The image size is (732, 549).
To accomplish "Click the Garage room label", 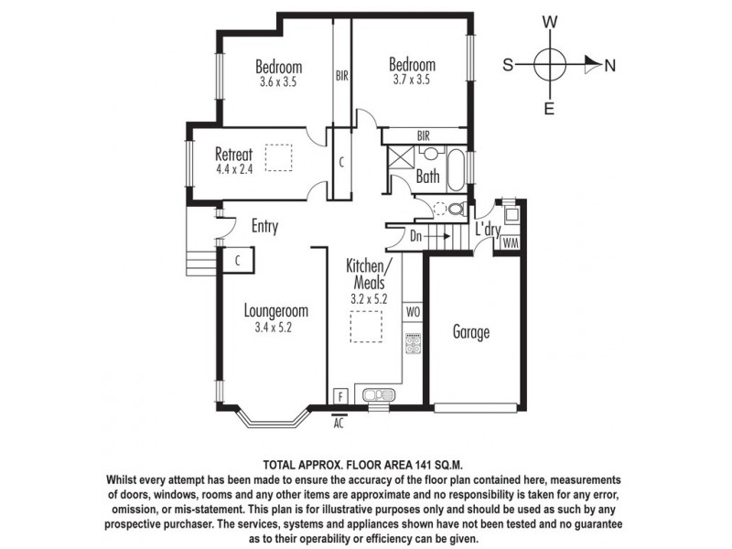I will (471, 332).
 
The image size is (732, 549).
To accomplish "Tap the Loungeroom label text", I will (275, 310).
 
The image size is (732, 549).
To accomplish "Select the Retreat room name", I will (233, 154).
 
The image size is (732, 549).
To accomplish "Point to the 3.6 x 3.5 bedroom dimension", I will (278, 81).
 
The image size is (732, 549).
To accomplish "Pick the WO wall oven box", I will (412, 312).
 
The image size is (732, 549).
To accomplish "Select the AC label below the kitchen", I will (339, 424).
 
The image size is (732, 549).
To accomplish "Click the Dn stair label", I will (416, 236).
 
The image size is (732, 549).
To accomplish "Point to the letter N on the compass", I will (610, 65).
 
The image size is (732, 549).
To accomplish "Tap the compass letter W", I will (550, 21).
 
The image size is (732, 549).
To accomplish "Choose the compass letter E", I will (550, 109).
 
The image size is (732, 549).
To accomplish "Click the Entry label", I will (264, 226).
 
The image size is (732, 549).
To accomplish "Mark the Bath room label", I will (427, 177).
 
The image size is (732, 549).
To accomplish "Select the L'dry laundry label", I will (487, 231).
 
